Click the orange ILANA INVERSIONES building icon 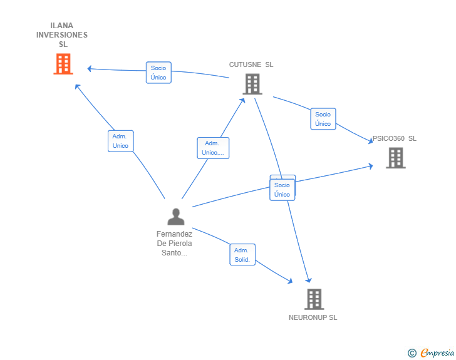(63, 64)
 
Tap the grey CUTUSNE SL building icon (252, 84)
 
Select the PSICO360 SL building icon (395, 158)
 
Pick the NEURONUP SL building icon (313, 299)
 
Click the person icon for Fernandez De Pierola (176, 217)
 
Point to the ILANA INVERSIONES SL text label (62, 35)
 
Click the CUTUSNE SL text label (251, 64)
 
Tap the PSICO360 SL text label (395, 138)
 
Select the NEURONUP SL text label (313, 317)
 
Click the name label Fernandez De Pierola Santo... (174, 244)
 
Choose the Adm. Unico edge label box (120, 141)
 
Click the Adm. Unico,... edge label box (213, 148)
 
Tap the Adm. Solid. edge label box (242, 254)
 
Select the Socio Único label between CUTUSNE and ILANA (158, 73)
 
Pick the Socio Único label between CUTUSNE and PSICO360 (323, 119)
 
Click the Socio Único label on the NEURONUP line (282, 190)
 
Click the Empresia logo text (437, 353)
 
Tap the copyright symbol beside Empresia (412, 353)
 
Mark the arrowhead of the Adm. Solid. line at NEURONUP (290, 282)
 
